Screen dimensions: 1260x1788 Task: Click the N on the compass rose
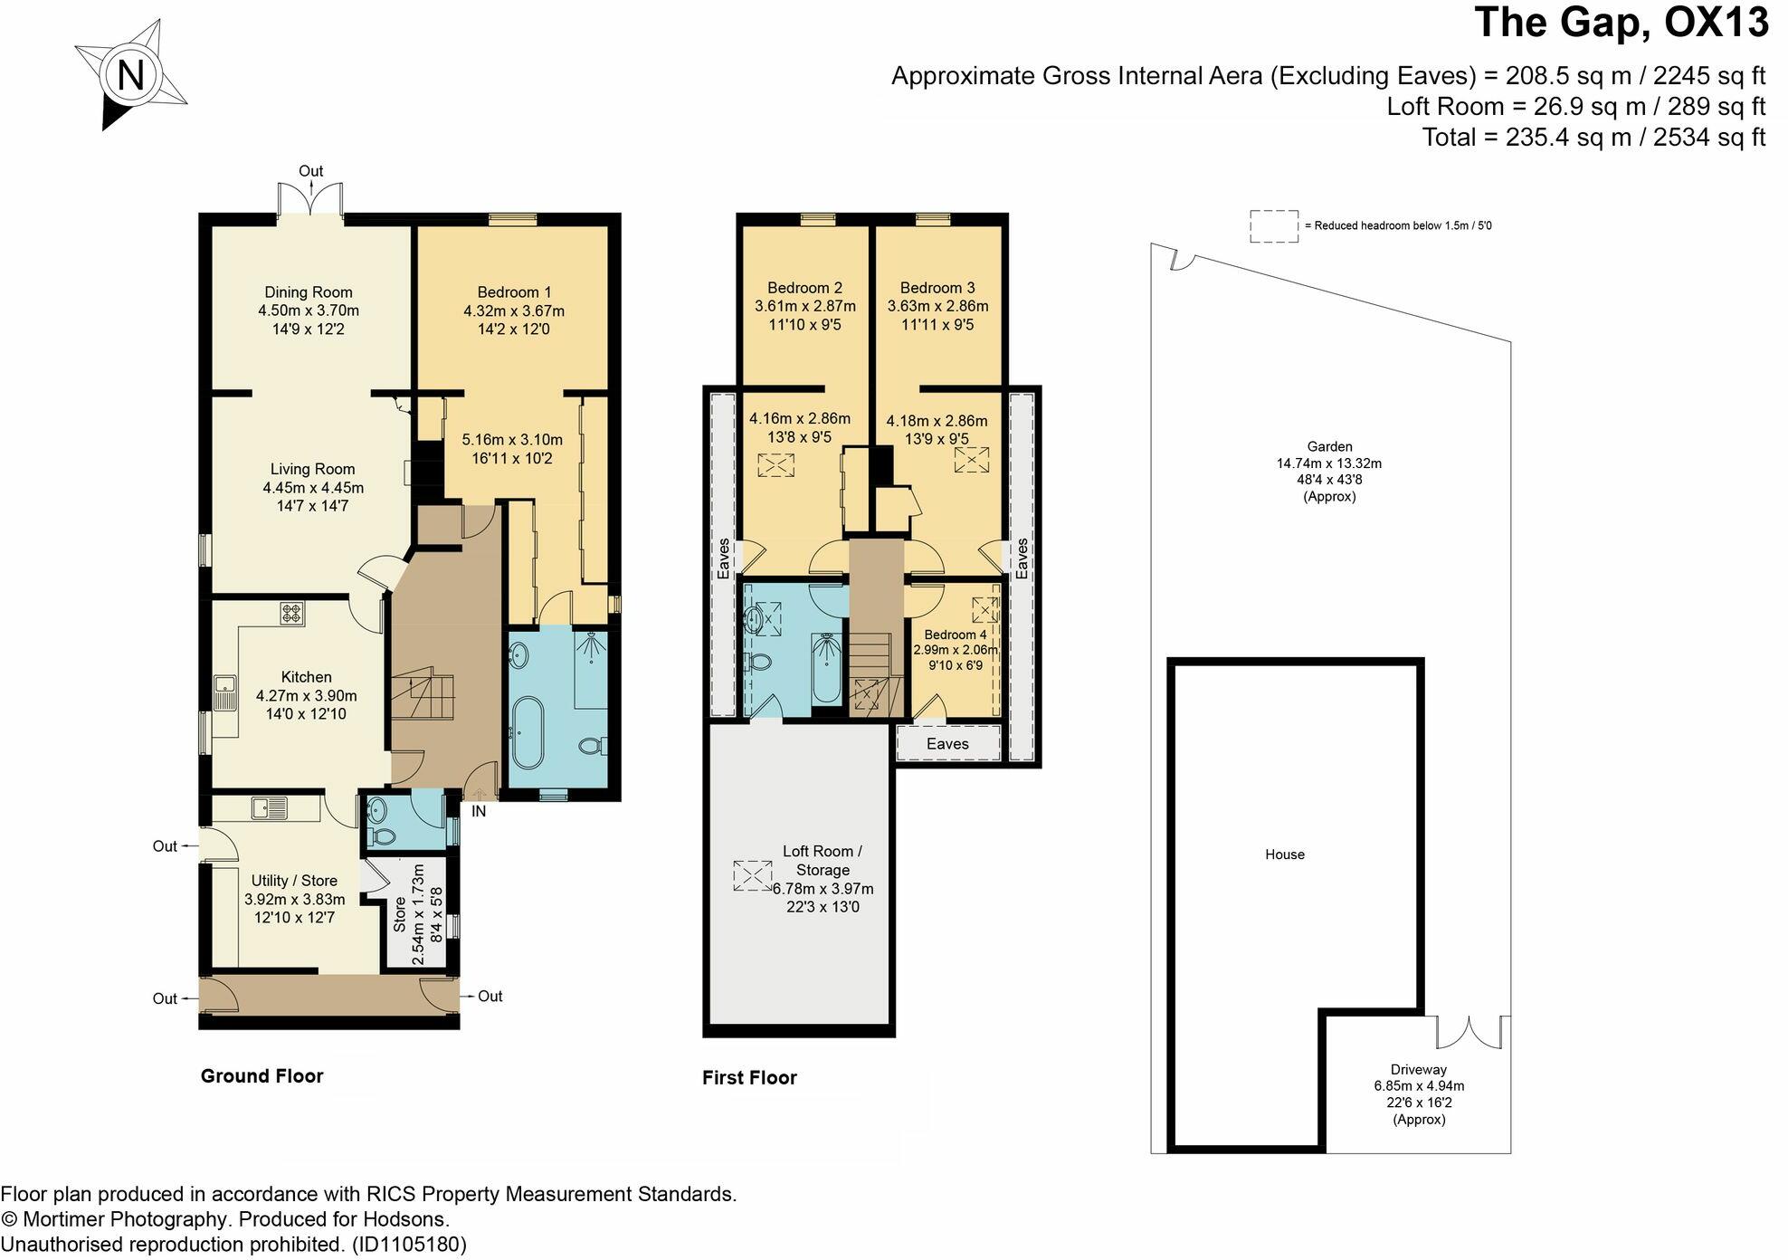[x=131, y=75]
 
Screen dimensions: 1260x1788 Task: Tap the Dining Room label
[x=308, y=292]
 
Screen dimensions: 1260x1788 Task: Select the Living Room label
[x=312, y=469]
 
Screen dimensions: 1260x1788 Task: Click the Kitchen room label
[x=306, y=677]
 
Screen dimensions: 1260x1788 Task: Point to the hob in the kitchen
[x=291, y=614]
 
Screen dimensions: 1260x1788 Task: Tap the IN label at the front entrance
[x=479, y=812]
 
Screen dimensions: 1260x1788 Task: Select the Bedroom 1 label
[x=514, y=292]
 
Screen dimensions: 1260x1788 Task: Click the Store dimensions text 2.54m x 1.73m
[x=418, y=914]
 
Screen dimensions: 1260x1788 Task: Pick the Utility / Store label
[x=294, y=881]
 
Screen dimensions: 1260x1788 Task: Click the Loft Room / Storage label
[x=822, y=860]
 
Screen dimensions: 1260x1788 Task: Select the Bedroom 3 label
[x=937, y=288]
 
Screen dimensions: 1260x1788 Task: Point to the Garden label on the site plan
[x=1329, y=446]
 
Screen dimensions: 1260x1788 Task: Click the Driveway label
[x=1418, y=1069]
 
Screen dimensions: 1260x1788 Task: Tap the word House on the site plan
[x=1284, y=854]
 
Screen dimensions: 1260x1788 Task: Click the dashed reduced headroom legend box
[x=1273, y=226]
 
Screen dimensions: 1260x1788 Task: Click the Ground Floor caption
[x=262, y=1076]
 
